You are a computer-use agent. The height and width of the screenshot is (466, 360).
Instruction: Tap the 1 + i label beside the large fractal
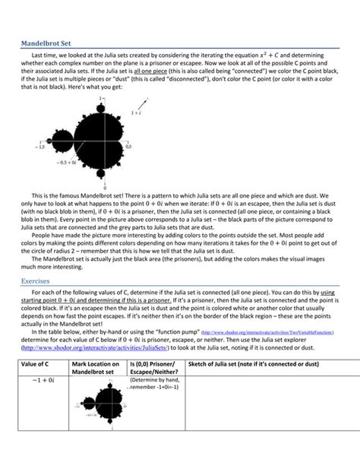click(136, 113)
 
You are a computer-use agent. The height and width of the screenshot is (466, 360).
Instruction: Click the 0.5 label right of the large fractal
click(128, 147)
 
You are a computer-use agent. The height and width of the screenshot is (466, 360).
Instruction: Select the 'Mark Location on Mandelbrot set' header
click(94, 369)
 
